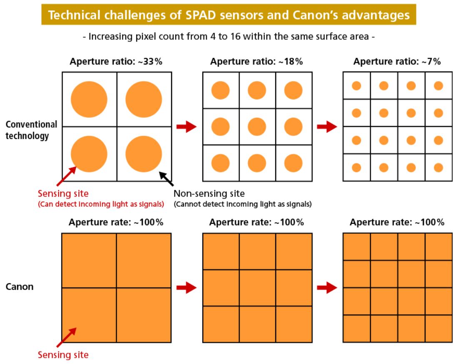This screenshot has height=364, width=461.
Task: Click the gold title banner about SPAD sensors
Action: (229, 15)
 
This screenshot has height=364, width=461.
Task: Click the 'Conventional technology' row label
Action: (31, 130)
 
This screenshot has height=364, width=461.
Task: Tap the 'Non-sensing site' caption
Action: (209, 193)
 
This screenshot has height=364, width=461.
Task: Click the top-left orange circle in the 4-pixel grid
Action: (89, 99)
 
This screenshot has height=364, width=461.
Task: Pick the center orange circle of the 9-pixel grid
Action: (257, 126)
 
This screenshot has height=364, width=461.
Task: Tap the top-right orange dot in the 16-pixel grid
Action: (438, 86)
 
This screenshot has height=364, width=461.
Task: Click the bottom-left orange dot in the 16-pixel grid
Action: (356, 167)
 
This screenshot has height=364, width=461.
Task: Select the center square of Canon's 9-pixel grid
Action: (257, 287)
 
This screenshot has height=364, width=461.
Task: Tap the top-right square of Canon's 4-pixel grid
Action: (144, 260)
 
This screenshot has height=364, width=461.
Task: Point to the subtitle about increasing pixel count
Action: (229, 37)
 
